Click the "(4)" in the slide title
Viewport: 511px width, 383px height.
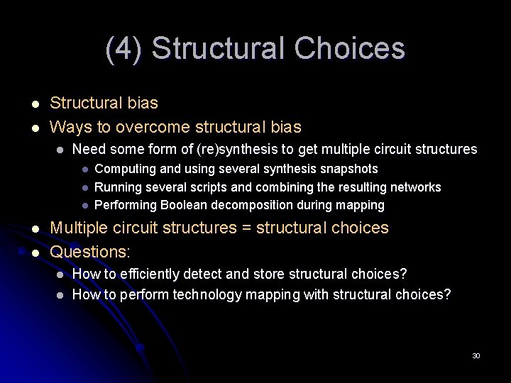click(124, 49)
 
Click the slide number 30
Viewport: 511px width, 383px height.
click(476, 355)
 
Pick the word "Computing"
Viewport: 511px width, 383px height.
click(122, 169)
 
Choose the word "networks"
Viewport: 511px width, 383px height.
click(414, 187)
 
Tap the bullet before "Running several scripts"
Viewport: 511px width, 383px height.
click(84, 188)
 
